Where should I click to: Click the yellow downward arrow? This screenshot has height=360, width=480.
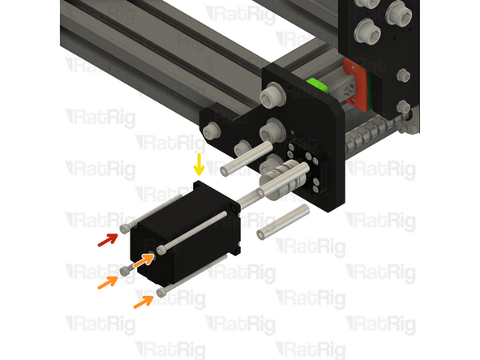pos(199,165)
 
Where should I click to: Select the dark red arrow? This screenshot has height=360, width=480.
pos(108,239)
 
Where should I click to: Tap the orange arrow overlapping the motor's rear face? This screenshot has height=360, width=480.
pos(144,261)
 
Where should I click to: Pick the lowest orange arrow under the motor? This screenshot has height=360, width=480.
pos(144,302)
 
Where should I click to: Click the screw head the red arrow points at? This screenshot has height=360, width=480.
pos(125,229)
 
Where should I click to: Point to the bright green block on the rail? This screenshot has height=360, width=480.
pos(317,85)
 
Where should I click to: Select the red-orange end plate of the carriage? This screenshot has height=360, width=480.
pos(355,84)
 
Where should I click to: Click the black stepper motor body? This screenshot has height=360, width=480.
pos(185,233)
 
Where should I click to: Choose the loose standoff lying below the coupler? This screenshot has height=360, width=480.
pos(283,222)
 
